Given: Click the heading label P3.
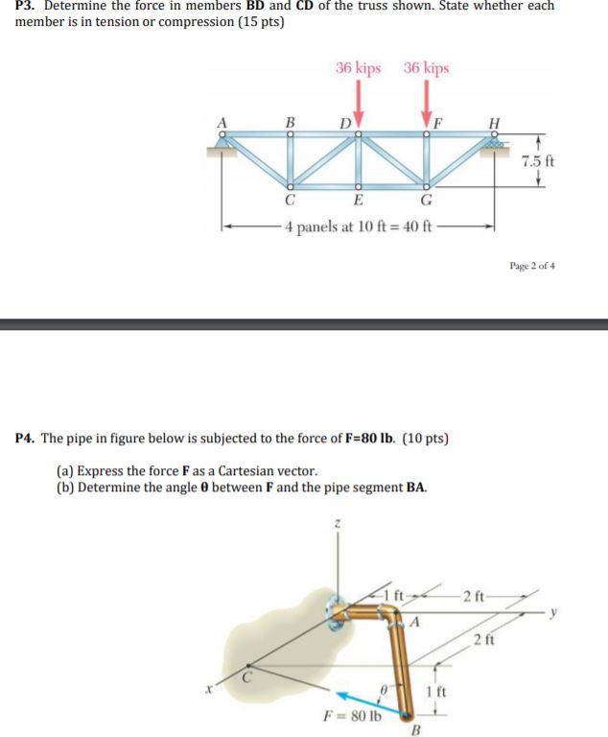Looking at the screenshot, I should click(26, 6).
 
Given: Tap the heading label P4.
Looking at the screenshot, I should click(26, 438).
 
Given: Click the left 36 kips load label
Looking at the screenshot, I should click(358, 68).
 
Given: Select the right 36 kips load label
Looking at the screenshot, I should click(426, 68).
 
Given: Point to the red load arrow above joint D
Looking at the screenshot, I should click(359, 99).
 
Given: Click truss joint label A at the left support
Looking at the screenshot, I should click(223, 123).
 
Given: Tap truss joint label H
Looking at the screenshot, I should click(494, 123).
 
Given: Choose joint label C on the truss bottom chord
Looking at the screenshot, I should click(288, 200).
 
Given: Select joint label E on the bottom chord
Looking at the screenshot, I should click(358, 200).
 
